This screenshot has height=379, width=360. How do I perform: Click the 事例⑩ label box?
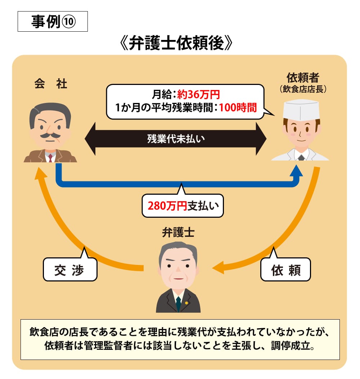53,22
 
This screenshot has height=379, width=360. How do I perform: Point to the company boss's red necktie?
50,157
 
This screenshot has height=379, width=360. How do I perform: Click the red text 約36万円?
198,95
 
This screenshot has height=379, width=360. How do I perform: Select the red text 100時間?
237,108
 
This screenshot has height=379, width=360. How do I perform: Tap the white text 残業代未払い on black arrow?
176,139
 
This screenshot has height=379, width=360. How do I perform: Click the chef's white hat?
301,108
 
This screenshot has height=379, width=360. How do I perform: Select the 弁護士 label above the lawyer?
178,232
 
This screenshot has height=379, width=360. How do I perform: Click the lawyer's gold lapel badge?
186,303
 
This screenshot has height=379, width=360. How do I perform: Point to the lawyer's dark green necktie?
178,304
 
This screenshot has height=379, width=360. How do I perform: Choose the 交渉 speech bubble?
70,270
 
